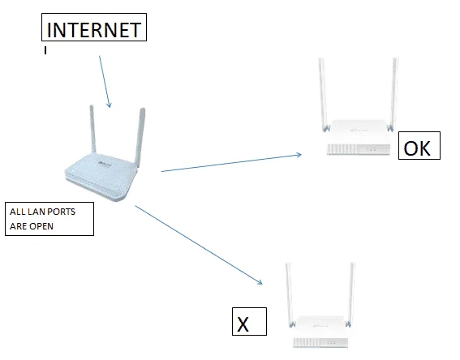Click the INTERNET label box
coord(94,27)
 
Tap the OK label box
coord(419,146)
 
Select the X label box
coord(249,321)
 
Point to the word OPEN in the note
coord(41,226)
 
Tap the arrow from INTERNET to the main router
coord(105,82)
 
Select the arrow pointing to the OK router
coord(231,162)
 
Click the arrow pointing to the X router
coord(199,245)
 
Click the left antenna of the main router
coord(92,129)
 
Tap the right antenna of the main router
coord(140,137)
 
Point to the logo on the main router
coord(105,165)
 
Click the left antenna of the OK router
coord(323,94)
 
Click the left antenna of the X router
coord(290,295)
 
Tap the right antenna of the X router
coord(350,295)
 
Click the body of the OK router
coord(359,137)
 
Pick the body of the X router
coord(320,332)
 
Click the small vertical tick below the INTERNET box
coord(45,50)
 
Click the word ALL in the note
coord(17,212)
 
